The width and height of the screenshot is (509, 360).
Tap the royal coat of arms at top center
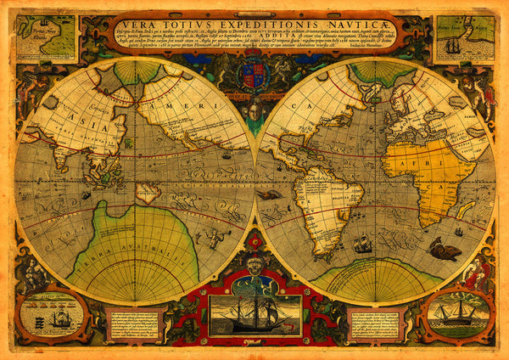(x=254, y=76)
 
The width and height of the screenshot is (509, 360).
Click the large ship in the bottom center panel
(x=255, y=315)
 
